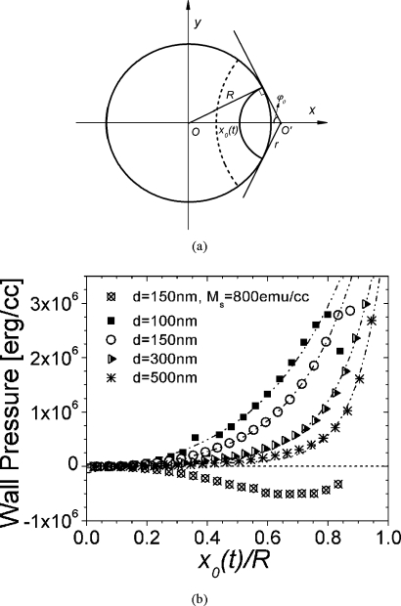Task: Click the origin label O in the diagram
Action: [196, 132]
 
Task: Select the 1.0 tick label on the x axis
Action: [390, 538]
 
